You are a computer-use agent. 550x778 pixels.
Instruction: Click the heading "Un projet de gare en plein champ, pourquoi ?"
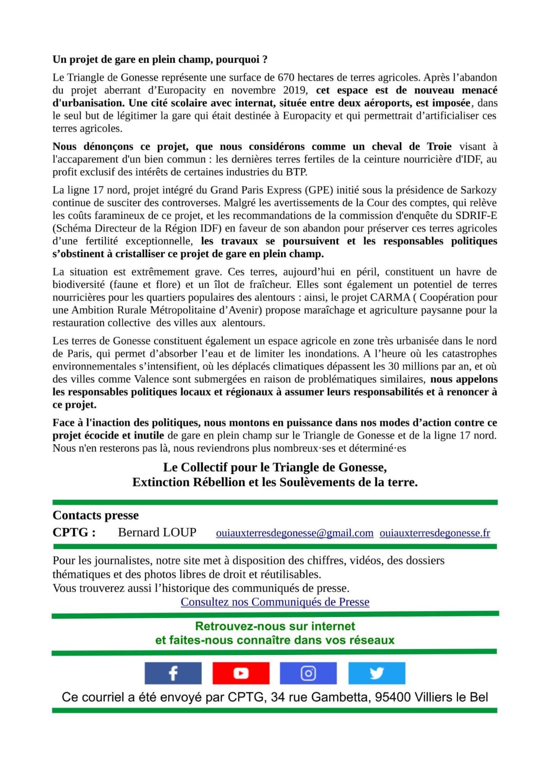coord(160,59)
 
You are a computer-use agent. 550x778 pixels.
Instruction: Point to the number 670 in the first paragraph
coord(285,77)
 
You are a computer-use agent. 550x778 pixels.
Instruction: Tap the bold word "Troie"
coord(439,146)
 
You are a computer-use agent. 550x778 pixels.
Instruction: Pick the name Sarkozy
coord(479,190)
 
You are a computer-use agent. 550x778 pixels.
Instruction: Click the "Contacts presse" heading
coord(95,515)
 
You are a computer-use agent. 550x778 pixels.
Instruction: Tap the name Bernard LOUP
coord(157,532)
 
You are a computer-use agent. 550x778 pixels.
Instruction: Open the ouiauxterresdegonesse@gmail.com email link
coord(295,533)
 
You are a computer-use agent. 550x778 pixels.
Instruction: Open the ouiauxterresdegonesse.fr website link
coord(435,533)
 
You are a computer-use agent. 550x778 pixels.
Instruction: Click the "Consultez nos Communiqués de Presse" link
coord(275,602)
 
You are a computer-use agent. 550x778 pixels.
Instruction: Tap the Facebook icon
coord(173,673)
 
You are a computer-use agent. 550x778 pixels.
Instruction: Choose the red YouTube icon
coord(241,673)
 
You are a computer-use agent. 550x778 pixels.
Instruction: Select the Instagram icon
coord(308,673)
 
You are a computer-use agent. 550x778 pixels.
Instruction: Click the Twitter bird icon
coord(376,673)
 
